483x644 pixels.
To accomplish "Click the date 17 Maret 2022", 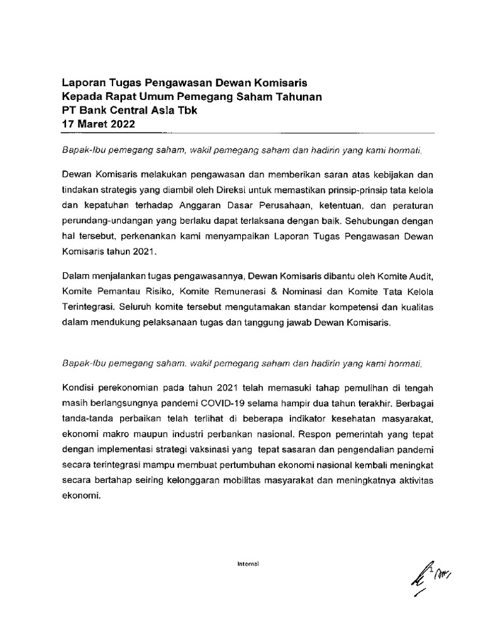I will (97, 124).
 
